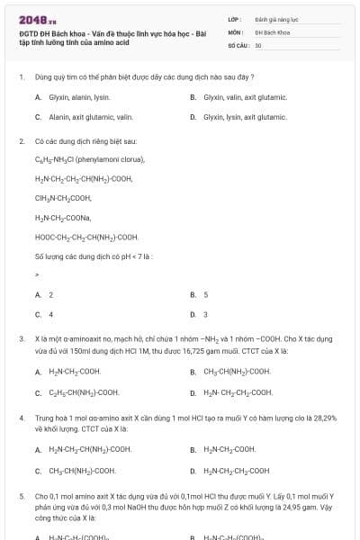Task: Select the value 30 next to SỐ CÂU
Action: tap(258, 44)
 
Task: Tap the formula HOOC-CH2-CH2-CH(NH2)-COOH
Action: tap(87, 238)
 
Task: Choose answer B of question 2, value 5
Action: tap(205, 295)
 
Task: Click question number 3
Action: tap(21, 338)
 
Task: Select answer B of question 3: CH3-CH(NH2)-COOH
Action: tap(237, 371)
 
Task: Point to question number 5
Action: tap(21, 495)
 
